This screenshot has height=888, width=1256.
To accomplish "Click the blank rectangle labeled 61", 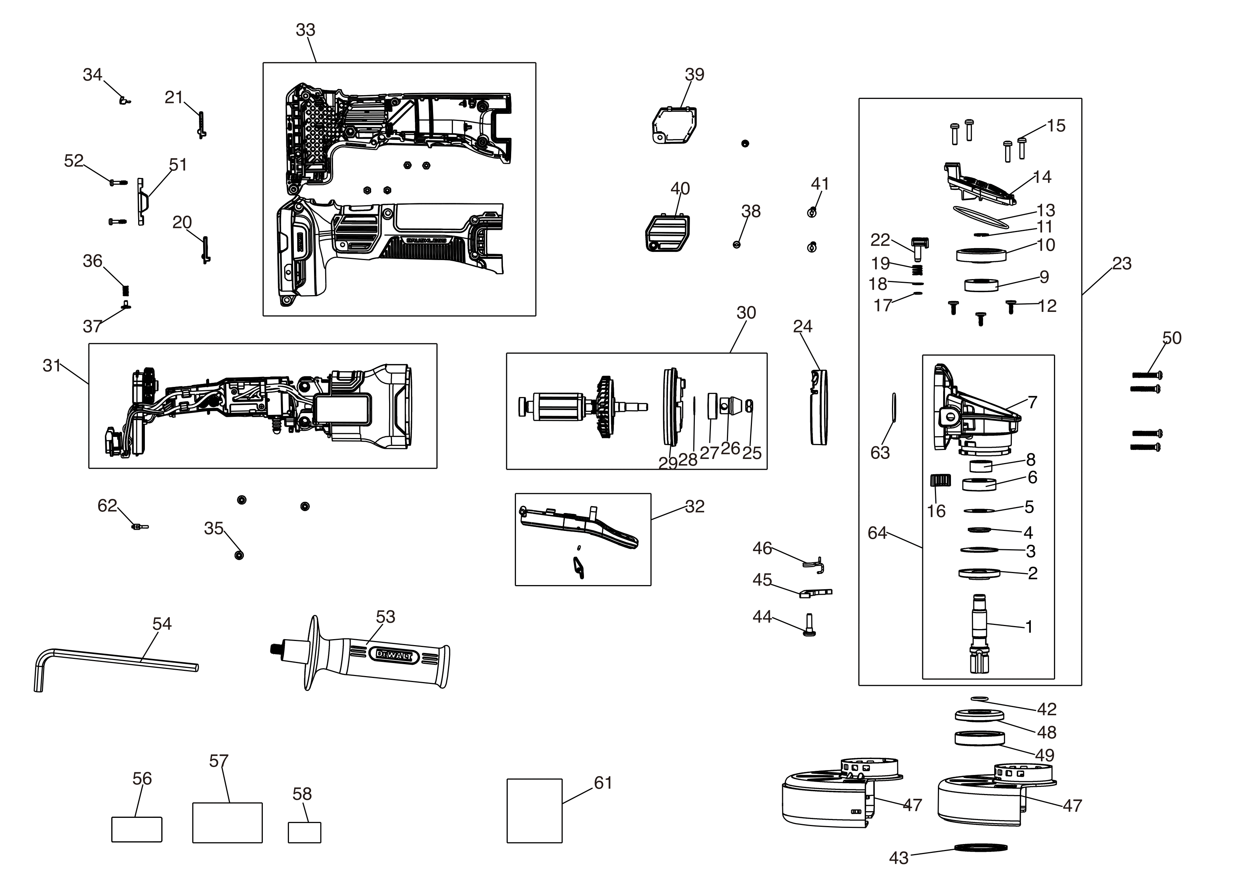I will point(534,810).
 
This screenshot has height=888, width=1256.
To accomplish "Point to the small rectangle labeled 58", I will point(304,832).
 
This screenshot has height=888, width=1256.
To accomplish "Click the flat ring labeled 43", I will point(981,848).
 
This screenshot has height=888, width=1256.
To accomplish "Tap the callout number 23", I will point(1122,263).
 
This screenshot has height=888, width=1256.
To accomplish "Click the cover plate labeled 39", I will point(675,125).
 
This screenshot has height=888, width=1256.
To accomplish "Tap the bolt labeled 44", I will point(809,625).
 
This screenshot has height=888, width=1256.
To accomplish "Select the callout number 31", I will point(52,365).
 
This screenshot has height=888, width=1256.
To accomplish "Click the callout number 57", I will point(218,761).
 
